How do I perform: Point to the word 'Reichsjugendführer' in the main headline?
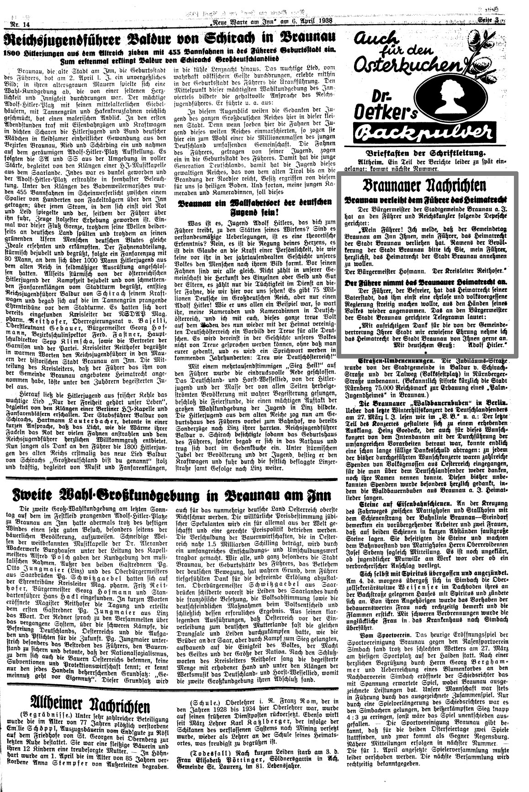(73, 37)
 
